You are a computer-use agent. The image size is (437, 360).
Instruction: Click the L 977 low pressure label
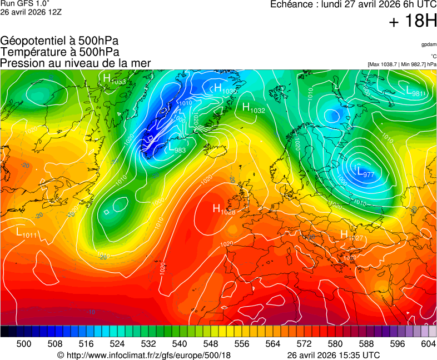tap(365, 172)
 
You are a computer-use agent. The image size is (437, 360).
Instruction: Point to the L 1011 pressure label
tap(26, 233)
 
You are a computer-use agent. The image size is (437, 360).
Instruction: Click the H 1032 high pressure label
tap(254, 108)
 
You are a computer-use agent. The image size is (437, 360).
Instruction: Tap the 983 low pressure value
tap(180, 150)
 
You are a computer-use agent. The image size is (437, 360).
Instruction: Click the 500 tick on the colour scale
tap(23, 344)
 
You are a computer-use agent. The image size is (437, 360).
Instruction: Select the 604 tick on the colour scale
tap(428, 344)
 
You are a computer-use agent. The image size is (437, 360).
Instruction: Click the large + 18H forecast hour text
tap(412, 22)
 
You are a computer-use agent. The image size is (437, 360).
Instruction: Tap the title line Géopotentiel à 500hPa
tap(59, 41)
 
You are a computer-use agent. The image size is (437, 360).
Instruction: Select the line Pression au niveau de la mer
tap(76, 63)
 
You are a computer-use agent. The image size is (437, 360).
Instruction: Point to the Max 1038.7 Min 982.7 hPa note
tap(401, 64)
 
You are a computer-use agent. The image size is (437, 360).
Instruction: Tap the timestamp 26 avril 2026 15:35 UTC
tap(333, 355)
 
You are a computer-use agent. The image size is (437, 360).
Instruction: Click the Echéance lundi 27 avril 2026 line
tap(353, 4)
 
